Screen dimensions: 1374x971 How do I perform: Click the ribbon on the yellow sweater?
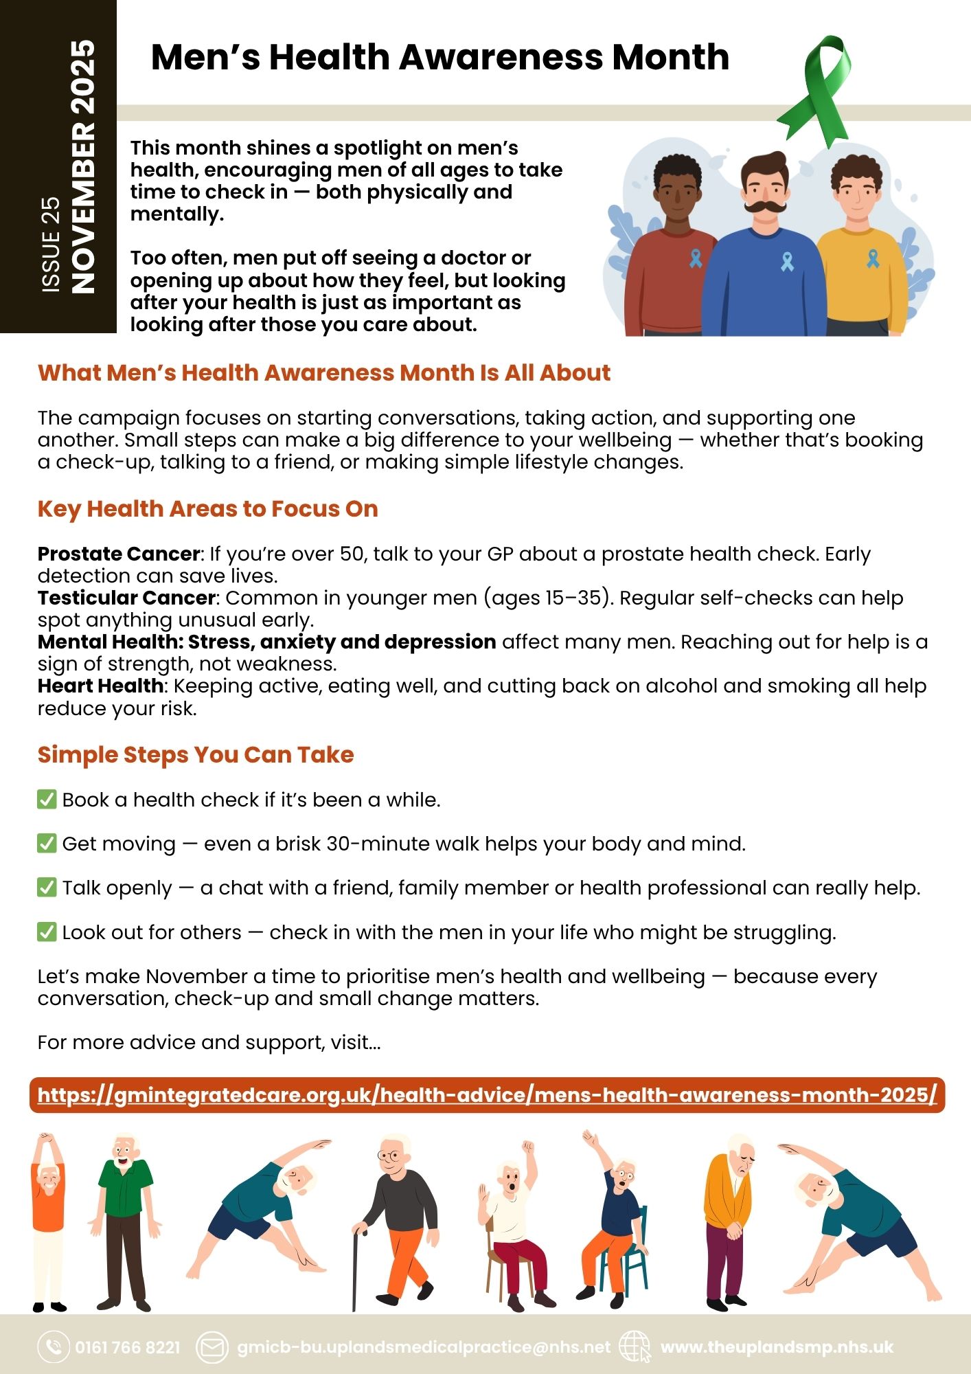point(872,258)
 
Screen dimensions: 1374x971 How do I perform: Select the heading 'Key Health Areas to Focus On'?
point(207,509)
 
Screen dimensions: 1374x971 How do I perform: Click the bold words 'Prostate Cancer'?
point(119,554)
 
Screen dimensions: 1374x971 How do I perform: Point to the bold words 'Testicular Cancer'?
point(126,598)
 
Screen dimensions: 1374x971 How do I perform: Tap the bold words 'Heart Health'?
point(100,686)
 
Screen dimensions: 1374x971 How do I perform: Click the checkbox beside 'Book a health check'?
point(47,800)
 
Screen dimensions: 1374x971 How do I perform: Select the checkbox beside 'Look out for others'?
point(47,932)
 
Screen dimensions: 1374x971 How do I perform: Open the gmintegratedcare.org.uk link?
point(487,1094)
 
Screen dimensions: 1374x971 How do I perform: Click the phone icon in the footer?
point(53,1347)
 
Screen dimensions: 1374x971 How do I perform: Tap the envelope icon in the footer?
point(212,1347)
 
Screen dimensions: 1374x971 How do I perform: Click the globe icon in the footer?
point(635,1347)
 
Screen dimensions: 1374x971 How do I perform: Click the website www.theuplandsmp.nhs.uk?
point(777,1347)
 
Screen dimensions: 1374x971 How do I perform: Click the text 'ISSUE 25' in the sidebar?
point(52,245)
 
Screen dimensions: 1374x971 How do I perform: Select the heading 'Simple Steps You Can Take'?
point(196,755)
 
